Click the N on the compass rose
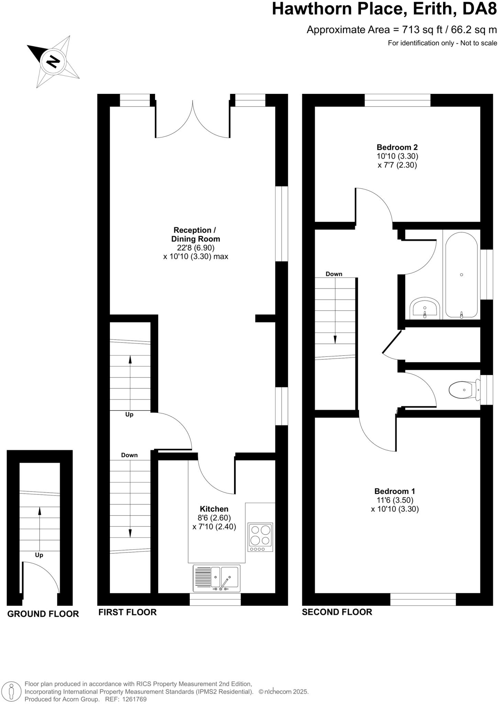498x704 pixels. [53, 62]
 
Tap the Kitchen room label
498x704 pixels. [214, 509]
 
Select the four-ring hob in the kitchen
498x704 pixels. [260, 537]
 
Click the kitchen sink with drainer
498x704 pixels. [217, 578]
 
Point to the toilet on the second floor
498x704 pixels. [464, 390]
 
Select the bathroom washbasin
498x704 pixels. [425, 307]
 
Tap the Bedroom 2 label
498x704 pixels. [397, 147]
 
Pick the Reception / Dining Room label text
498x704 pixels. [195, 234]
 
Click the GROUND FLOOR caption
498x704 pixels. [43, 614]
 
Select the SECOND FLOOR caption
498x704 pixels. [337, 612]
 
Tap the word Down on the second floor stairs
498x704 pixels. [334, 274]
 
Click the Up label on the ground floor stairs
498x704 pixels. [39, 555]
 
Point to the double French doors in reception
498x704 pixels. [192, 119]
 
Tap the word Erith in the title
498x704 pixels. [432, 9]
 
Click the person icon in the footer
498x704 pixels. [11, 691]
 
